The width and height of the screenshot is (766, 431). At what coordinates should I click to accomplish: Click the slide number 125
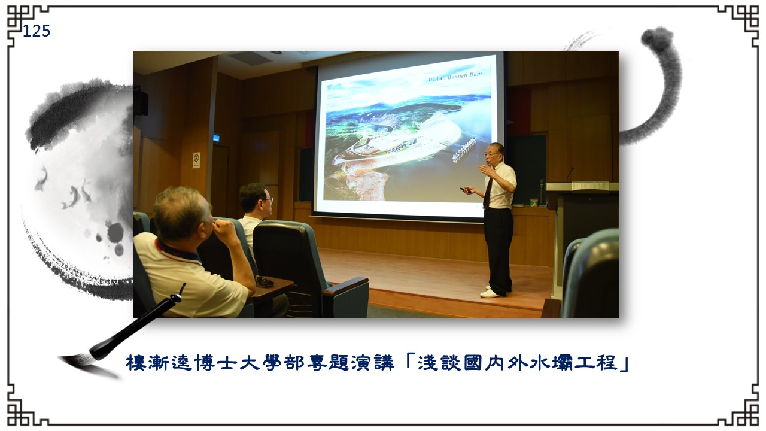(37, 31)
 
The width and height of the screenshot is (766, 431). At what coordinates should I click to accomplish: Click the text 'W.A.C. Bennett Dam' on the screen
(455, 77)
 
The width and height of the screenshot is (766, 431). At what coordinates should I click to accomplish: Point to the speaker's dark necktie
(487, 193)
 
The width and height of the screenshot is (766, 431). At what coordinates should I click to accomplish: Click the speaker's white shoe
(490, 293)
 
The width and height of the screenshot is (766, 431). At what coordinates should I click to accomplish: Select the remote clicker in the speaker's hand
(466, 190)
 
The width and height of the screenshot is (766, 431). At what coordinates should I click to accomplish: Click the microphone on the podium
(570, 174)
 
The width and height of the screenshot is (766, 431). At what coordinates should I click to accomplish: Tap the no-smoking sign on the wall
(196, 160)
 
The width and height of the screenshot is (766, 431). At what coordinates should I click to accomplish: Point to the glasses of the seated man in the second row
(268, 199)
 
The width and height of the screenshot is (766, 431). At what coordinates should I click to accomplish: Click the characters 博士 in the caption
(215, 363)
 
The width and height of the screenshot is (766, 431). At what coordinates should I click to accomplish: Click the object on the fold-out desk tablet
(265, 281)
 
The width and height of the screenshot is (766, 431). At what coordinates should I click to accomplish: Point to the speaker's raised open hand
(486, 169)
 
